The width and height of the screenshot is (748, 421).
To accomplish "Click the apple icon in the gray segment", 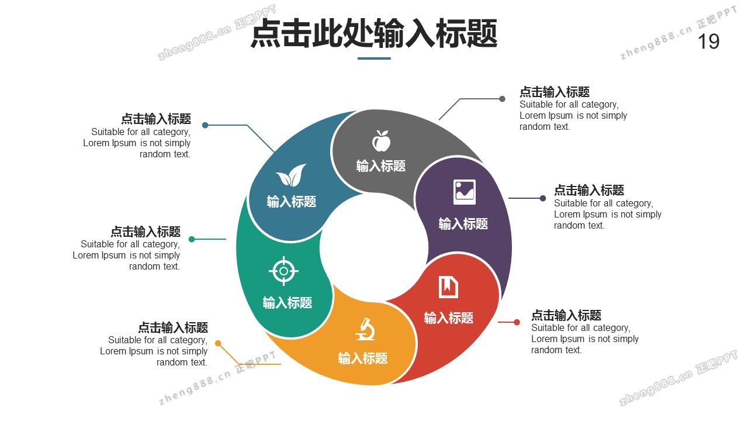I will click(381, 141).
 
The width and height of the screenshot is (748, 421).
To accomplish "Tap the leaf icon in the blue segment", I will click(291, 175).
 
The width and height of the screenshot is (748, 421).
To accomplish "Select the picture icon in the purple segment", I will click(465, 192).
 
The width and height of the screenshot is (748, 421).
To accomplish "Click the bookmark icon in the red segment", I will click(448, 287).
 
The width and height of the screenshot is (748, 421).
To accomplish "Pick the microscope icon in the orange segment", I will click(365, 329).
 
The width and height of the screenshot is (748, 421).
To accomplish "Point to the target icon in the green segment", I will click(283, 271).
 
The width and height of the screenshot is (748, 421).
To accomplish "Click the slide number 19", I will click(709, 42).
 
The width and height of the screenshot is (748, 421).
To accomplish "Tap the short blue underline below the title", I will click(374, 58).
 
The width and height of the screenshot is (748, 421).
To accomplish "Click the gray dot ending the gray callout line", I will click(502, 99).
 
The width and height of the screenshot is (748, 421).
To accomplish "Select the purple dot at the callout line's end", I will click(543, 198).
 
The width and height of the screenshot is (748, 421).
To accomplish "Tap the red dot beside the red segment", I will click(517, 322).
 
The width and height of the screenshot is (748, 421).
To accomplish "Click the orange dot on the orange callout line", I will click(218, 343).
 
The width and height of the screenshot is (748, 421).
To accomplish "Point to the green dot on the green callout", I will click(192, 239).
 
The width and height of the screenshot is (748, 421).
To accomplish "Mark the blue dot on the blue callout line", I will click(205, 125).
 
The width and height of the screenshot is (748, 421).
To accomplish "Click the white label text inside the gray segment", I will click(381, 166).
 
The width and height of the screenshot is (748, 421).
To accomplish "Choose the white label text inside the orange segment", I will click(362, 358).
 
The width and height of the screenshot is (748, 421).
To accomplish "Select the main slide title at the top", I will click(374, 33).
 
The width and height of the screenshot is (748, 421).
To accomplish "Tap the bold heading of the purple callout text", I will click(589, 190).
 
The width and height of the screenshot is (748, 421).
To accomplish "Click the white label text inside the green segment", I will click(287, 303).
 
